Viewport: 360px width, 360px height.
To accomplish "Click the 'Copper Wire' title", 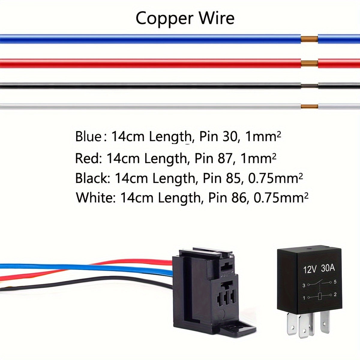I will click(185, 19).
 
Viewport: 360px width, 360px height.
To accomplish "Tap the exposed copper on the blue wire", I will click(309, 39).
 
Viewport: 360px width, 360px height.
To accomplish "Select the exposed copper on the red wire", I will click(309, 63).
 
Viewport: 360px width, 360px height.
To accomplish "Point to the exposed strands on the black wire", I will click(309, 86).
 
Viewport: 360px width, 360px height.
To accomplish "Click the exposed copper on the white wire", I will click(309, 106).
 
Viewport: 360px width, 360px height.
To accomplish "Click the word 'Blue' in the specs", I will click(88, 136).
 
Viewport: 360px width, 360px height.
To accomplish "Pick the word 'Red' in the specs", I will click(87, 158).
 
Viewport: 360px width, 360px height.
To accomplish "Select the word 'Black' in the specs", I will click(91, 178).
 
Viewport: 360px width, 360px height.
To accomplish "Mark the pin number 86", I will click(240, 198).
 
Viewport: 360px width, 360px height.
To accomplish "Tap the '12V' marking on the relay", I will click(310, 269).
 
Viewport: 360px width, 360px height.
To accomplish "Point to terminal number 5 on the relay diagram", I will click(335, 282).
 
